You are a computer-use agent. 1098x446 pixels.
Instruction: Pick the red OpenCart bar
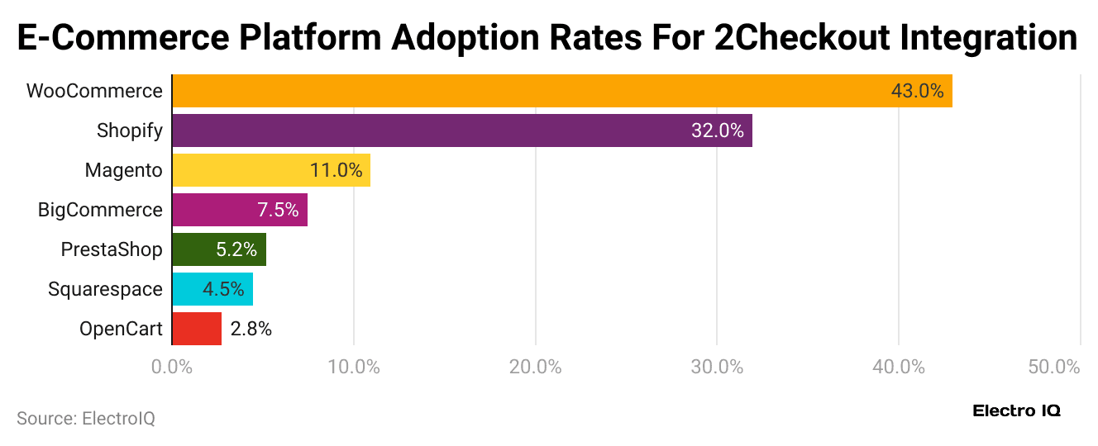click(x=197, y=329)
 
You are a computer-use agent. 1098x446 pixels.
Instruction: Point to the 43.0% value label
click(x=917, y=91)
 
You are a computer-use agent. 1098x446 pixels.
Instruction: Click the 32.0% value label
click(x=717, y=130)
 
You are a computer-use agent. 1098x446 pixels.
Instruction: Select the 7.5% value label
click(x=278, y=210)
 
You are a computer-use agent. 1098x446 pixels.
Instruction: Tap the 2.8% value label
click(x=251, y=329)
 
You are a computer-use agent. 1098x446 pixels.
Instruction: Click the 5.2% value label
click(x=236, y=249)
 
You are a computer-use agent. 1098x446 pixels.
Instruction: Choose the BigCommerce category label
click(x=100, y=210)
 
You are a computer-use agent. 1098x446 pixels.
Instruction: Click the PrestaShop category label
click(x=112, y=249)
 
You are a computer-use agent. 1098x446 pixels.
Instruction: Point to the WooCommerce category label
click(x=94, y=91)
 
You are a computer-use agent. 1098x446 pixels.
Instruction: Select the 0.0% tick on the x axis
click(x=172, y=367)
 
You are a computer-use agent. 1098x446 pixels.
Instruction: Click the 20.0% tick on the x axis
click(x=535, y=367)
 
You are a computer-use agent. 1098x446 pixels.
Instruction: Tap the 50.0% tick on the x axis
click(x=1054, y=367)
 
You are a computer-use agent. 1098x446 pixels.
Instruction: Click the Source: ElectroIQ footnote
click(x=86, y=419)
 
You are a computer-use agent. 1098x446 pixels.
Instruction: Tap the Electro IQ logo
click(x=1016, y=410)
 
